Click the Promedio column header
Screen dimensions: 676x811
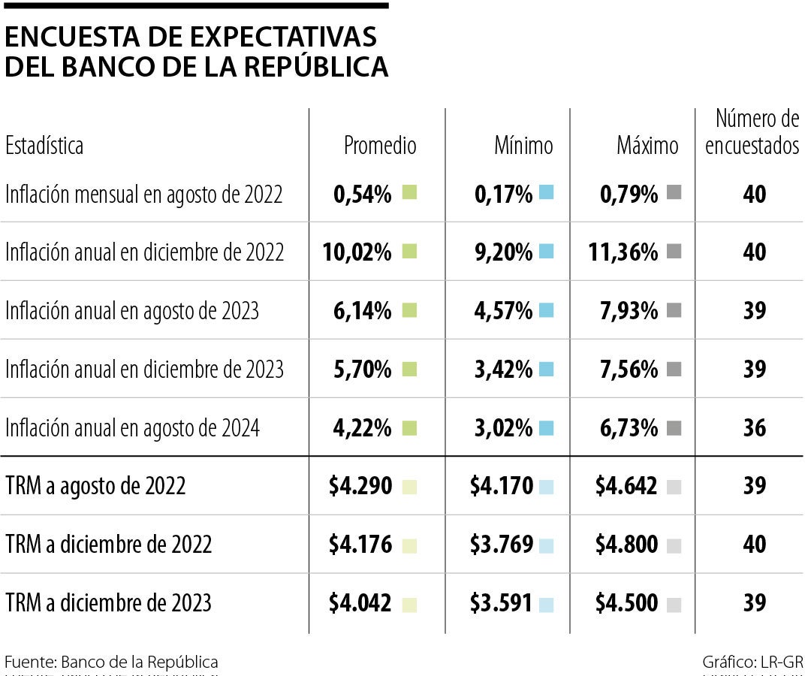(x=379, y=145)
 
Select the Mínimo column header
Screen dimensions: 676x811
(x=523, y=145)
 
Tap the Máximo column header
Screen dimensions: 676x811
(x=647, y=145)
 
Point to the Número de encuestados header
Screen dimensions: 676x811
(x=753, y=131)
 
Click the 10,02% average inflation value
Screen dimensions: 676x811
(x=357, y=252)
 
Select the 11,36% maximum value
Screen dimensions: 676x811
(x=624, y=252)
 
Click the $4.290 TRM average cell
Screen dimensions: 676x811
(x=360, y=486)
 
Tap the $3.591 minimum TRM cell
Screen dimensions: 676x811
(x=502, y=603)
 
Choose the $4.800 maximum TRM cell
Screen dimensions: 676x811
(x=626, y=545)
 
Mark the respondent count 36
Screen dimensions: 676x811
(x=754, y=428)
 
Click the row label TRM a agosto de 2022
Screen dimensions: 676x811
(x=95, y=486)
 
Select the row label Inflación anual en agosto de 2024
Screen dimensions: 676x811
(x=132, y=428)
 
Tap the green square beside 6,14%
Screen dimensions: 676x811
(x=409, y=310)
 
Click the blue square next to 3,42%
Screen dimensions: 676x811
(x=546, y=369)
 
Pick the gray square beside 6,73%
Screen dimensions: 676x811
(x=673, y=428)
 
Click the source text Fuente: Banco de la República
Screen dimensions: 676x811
(x=111, y=662)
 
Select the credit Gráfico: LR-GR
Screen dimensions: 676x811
(x=752, y=662)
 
